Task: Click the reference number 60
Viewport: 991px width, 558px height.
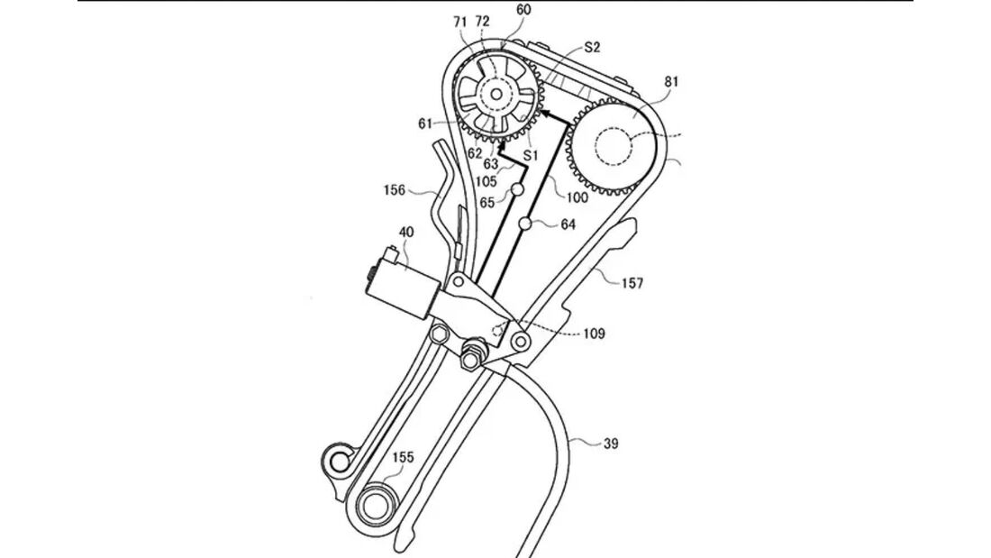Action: pos(523,10)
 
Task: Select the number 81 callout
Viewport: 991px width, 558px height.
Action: pos(671,81)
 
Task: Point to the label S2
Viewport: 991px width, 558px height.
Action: pos(592,47)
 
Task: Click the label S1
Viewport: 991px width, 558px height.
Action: pos(531,155)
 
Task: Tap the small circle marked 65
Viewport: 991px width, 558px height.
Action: pos(518,190)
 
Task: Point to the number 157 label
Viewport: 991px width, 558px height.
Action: pos(632,282)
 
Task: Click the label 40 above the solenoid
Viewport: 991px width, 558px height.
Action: pos(407,232)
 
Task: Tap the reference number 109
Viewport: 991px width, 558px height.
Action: pos(594,334)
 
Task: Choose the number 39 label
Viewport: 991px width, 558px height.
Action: pos(611,444)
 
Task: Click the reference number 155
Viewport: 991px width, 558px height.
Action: pos(402,458)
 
